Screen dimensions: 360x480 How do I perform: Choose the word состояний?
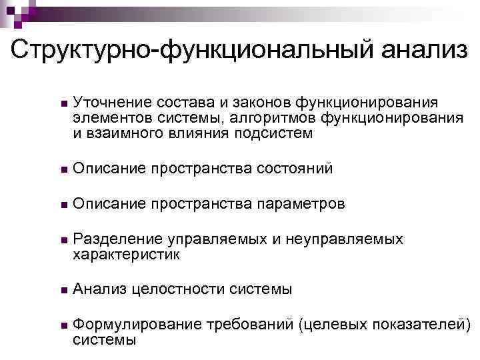pyautogui.click(x=294, y=169)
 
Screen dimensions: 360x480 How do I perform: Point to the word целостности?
pyautogui.click(x=179, y=289)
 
